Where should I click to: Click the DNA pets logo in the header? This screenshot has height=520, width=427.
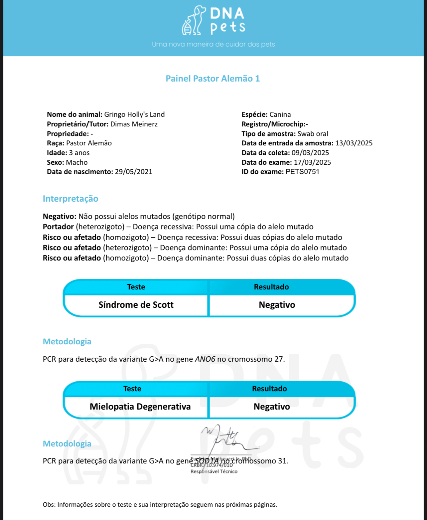tap(213, 21)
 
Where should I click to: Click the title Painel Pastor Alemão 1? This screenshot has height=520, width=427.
tap(213, 79)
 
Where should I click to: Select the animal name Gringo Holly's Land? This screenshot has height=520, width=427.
tap(134, 114)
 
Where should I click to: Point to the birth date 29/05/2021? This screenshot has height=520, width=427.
tap(133, 172)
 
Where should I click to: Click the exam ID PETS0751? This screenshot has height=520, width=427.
tap(302, 172)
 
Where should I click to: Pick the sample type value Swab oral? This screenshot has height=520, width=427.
tap(313, 134)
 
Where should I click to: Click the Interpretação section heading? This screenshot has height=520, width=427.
tap(71, 199)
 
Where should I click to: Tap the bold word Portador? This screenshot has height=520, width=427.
tap(58, 227)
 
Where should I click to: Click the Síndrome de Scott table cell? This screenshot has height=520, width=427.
tap(136, 305)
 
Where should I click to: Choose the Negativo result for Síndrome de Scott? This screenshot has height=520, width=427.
tap(277, 305)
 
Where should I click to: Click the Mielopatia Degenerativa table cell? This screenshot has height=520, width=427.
tap(140, 407)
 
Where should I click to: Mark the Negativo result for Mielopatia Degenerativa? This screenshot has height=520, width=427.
tap(272, 407)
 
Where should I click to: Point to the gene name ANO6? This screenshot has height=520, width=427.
tap(205, 359)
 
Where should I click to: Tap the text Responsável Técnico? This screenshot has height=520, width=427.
tap(214, 471)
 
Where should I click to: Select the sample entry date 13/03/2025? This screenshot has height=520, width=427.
tap(354, 143)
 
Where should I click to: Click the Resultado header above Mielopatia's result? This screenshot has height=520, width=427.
tap(269, 389)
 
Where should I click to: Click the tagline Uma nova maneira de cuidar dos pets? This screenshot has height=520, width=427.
tap(213, 44)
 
